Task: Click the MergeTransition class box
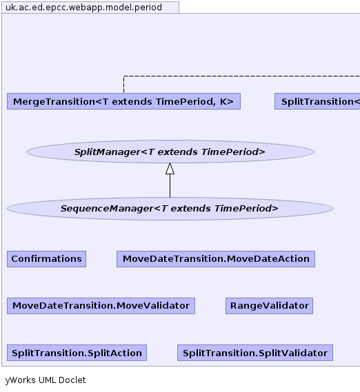[x=123, y=101]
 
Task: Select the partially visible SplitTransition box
[x=317, y=101]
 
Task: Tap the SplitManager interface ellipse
[x=170, y=152]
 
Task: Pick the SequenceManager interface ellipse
[x=170, y=209]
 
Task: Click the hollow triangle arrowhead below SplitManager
[x=170, y=169]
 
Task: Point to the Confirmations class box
[x=47, y=259]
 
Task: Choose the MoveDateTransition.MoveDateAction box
[x=216, y=259]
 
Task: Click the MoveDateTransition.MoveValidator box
[x=101, y=306]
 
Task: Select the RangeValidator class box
[x=270, y=306]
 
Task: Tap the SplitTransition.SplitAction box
[x=77, y=353]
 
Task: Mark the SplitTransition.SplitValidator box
[x=255, y=353]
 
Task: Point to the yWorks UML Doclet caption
[x=46, y=380]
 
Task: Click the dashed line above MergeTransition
[x=242, y=76]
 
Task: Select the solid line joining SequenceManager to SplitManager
[x=170, y=186]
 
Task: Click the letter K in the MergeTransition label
[x=223, y=101]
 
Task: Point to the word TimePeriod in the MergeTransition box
[x=186, y=101]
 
